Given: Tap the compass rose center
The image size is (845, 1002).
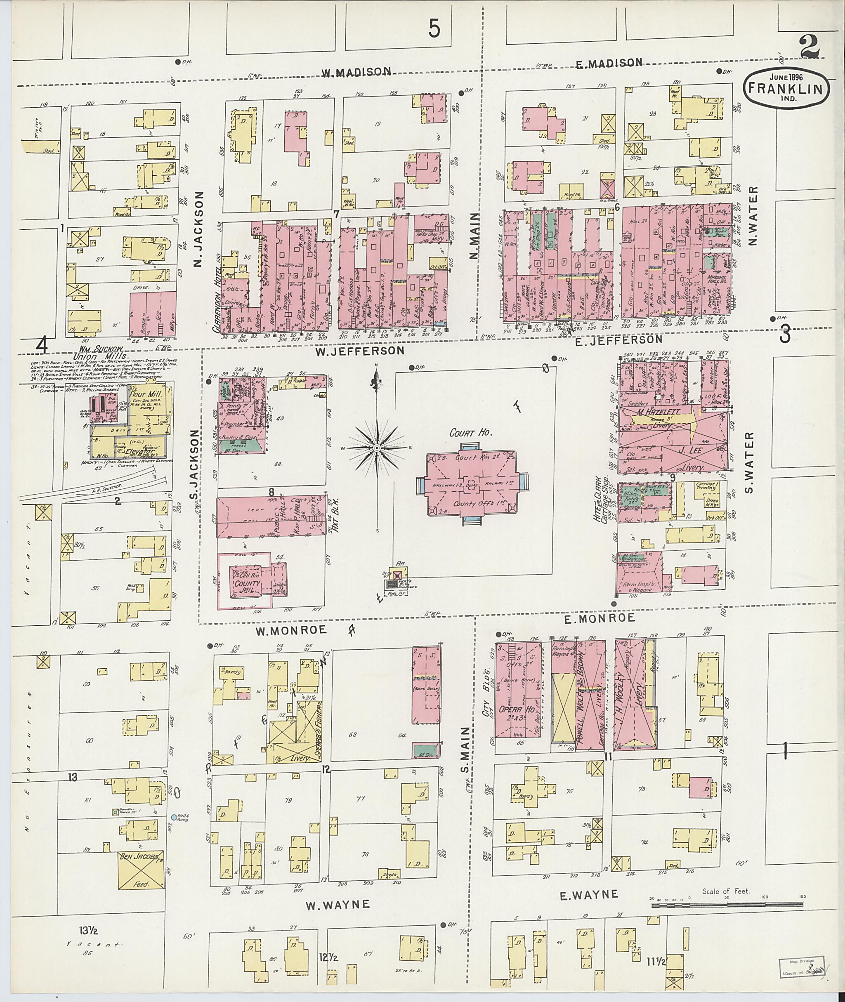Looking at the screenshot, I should coord(377,447).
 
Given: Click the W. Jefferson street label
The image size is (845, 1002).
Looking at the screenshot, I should coord(359,351).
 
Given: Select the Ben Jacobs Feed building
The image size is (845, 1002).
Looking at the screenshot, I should coord(141,870).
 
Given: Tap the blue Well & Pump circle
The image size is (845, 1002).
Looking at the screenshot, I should coord(174,817).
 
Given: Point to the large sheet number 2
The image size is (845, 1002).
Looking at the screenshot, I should coord(810,47).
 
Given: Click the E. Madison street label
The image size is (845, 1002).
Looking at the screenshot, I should coord(608,63).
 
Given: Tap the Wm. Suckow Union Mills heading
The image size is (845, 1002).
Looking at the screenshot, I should coord(101,353).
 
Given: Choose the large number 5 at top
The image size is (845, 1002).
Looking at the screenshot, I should coord(434,29).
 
